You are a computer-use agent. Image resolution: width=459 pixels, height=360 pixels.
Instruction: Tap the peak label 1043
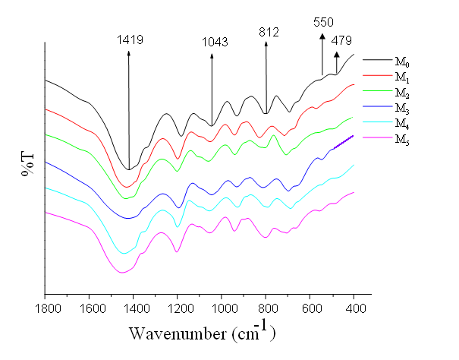215,42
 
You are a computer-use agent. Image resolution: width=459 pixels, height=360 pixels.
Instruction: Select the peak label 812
269,32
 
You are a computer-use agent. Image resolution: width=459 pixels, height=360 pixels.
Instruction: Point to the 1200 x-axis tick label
178,309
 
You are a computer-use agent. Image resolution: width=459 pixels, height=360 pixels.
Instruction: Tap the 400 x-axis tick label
354,309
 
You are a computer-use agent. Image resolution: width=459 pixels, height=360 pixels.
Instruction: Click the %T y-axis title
27,163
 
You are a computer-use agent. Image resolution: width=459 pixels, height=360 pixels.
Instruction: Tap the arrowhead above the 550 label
322,36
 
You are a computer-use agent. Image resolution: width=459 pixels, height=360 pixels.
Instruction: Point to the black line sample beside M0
376,59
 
